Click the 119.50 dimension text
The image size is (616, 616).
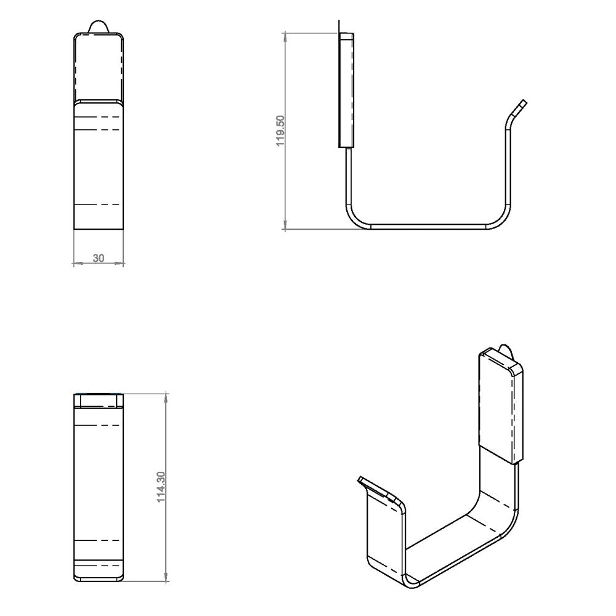pyautogui.click(x=280, y=130)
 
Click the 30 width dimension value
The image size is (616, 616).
pyautogui.click(x=98, y=258)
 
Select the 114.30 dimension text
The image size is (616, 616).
pyautogui.click(x=161, y=488)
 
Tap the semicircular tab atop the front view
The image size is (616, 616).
pyautogui.click(x=100, y=26)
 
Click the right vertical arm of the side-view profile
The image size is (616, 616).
pyautogui.click(x=509, y=166)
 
